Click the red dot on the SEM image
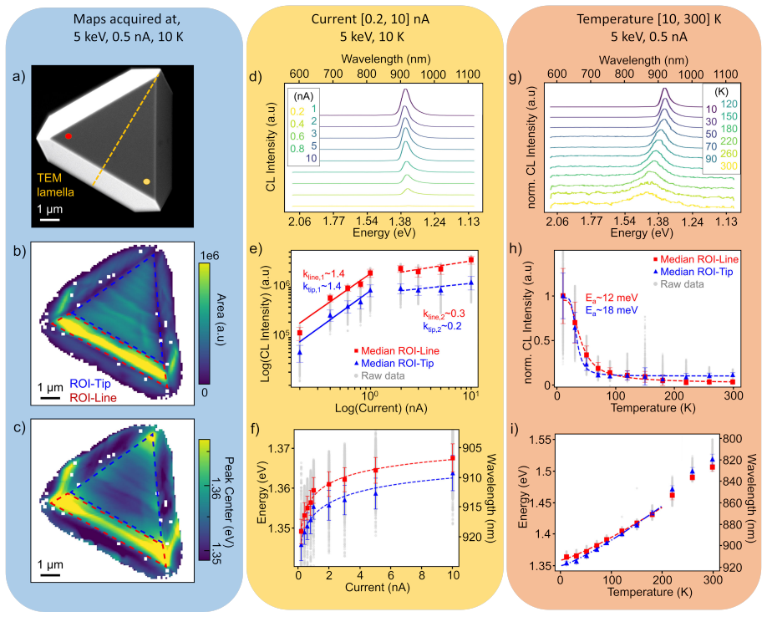point(69,136)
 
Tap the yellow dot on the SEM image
point(146,182)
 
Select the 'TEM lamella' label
point(56,185)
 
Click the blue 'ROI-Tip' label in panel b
point(90,384)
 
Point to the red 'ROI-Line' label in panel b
point(93,398)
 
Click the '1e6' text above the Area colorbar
point(210,256)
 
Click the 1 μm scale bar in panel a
point(49,220)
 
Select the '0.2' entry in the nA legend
point(297,111)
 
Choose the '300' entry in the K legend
point(729,166)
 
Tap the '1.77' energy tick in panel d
point(334,222)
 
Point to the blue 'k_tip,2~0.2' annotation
point(442,327)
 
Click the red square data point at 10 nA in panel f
point(453,457)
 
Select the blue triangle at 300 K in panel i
point(712,458)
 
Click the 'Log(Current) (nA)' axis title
point(380,408)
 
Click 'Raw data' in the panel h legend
point(683,284)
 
